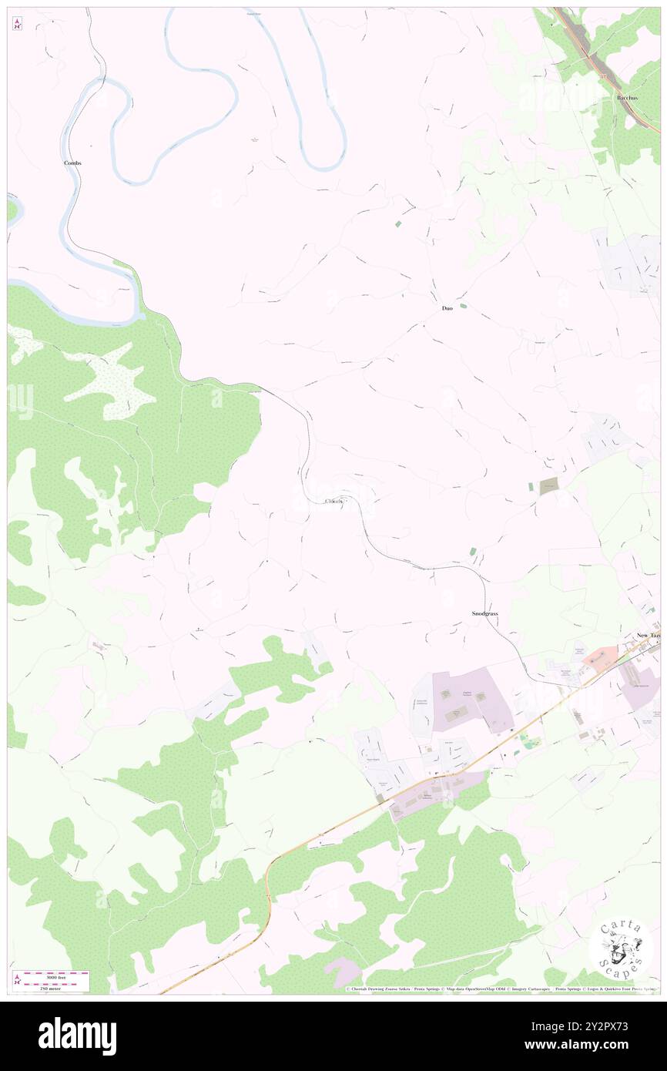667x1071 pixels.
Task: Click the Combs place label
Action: tap(72, 163)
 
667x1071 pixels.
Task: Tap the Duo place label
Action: tap(447, 308)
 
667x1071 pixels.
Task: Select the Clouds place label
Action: tap(333, 502)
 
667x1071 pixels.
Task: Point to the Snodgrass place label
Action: tap(485, 613)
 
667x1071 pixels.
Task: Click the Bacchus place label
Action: tap(628, 99)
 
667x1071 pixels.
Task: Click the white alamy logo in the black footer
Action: tap(77, 1036)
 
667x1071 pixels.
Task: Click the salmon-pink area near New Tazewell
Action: tap(601, 656)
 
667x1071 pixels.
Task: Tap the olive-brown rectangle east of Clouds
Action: tap(549, 485)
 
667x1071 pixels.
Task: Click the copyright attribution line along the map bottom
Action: tap(501, 989)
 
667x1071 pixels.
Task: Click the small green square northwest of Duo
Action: tap(397, 223)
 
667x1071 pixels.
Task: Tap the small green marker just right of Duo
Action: tap(463, 307)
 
